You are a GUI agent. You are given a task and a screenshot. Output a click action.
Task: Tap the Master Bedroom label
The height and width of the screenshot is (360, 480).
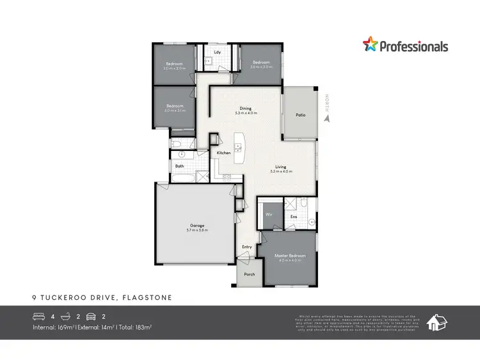click(290, 256)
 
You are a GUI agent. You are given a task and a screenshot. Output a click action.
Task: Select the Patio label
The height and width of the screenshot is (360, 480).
click(300, 115)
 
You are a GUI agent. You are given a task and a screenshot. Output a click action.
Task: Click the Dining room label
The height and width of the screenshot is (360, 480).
click(246, 109)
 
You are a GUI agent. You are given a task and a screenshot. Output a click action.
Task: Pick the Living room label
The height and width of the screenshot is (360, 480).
click(281, 167)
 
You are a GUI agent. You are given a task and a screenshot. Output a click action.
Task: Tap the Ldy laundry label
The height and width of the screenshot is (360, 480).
click(218, 52)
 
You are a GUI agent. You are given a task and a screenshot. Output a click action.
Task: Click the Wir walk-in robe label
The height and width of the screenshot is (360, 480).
click(269, 215)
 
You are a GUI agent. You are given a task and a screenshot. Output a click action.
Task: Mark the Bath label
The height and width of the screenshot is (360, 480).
click(180, 167)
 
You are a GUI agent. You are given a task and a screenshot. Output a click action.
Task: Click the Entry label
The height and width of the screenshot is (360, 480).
click(247, 247)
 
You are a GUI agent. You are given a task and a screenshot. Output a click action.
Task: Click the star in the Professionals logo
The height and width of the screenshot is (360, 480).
click(371, 45)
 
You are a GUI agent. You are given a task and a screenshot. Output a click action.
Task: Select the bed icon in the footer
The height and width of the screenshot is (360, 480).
click(40, 316)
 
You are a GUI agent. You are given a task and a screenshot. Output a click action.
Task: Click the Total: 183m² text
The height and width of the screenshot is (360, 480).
click(136, 327)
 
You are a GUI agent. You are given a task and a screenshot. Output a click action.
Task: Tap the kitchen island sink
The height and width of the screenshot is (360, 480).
click(238, 147)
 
